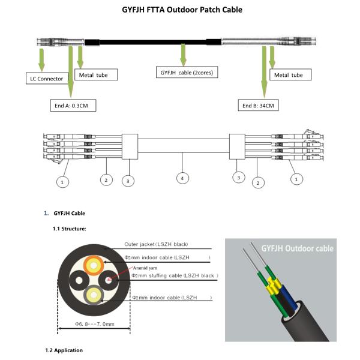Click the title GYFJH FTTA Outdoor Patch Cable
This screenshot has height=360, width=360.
180,10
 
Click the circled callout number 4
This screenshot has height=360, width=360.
181,178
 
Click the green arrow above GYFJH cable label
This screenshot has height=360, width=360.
183,55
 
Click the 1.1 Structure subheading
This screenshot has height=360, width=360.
70,229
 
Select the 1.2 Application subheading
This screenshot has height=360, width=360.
64,350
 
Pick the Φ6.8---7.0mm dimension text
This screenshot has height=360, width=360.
94,325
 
